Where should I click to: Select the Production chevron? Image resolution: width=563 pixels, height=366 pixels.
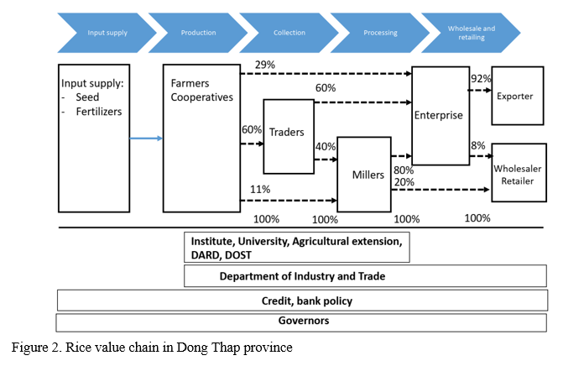pyautogui.click(x=198, y=33)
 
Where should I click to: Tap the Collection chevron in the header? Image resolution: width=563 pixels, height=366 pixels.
pyautogui.click(x=289, y=33)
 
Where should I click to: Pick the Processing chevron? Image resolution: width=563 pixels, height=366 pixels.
pyautogui.click(x=380, y=33)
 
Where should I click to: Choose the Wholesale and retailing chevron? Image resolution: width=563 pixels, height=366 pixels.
pyautogui.click(x=471, y=33)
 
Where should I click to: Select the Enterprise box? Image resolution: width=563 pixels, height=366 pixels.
pyautogui.click(x=438, y=115)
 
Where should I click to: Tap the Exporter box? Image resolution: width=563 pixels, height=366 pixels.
pyautogui.click(x=515, y=96)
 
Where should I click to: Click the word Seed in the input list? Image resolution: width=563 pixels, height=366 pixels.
pyautogui.click(x=87, y=97)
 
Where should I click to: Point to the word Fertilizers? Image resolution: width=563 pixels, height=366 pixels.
pyautogui.click(x=100, y=112)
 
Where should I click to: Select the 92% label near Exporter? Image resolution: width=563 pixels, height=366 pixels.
pyautogui.click(x=480, y=80)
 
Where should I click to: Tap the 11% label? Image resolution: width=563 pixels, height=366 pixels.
pyautogui.click(x=261, y=190)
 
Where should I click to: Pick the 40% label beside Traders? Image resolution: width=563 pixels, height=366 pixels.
pyautogui.click(x=325, y=146)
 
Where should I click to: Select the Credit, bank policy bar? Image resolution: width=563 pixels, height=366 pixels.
pyautogui.click(x=301, y=301)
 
